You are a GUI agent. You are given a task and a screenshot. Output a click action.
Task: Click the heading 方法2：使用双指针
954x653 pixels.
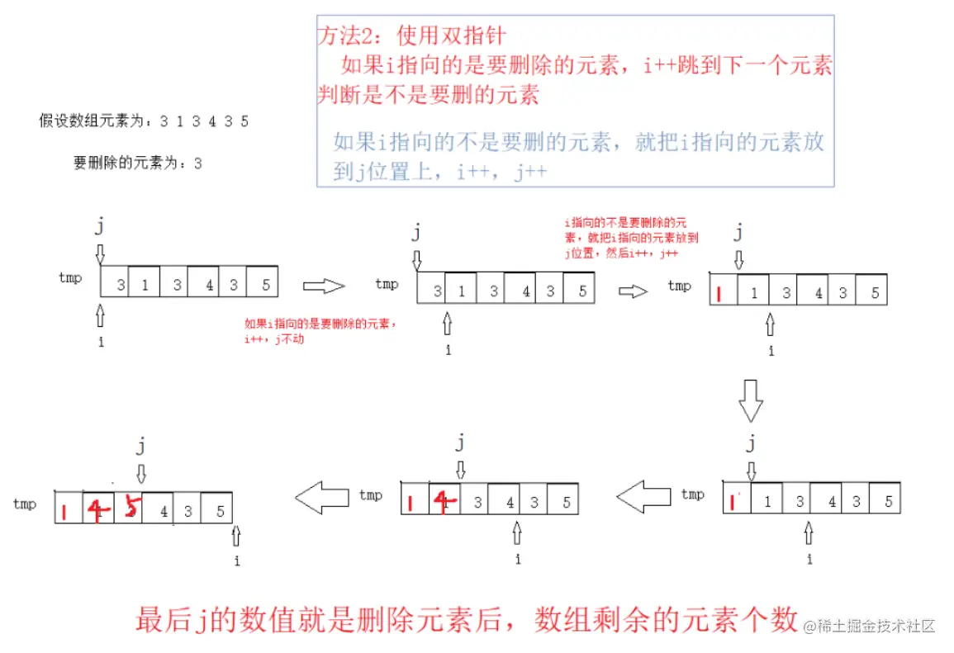point(411,35)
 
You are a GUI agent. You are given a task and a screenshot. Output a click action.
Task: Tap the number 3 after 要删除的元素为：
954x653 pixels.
point(198,163)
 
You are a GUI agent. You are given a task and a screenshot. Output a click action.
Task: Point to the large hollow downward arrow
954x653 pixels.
point(750,401)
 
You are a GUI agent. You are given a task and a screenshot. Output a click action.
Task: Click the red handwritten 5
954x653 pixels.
point(129,509)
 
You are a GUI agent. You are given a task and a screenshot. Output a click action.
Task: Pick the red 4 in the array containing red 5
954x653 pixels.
point(99,512)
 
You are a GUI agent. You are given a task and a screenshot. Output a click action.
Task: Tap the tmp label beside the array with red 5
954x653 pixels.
point(25,504)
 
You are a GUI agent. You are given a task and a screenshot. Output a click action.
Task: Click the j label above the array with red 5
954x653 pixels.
point(140,447)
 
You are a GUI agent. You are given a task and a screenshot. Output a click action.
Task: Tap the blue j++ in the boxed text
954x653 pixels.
point(529,173)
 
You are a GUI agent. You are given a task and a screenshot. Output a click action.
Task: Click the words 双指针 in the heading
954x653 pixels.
point(475,35)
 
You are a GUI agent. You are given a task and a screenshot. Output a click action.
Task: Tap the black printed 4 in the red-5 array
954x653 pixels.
point(164,512)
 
